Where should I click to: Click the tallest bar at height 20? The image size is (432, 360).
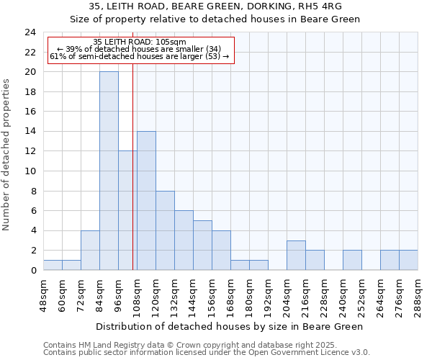(109, 171)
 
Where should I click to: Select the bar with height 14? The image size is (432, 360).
(146, 200)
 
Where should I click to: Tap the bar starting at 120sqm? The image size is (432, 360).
(165, 230)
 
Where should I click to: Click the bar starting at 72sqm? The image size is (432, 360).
(90, 250)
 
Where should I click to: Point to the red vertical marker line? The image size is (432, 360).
(133, 180)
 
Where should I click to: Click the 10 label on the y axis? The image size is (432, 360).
(30, 171)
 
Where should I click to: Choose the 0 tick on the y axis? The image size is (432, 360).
(33, 271)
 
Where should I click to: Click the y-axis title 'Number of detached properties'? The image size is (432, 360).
(6, 155)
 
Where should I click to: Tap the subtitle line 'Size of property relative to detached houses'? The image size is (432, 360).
(215, 19)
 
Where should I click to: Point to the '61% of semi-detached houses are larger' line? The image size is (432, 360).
(139, 56)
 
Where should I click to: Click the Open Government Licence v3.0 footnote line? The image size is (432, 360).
(206, 353)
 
